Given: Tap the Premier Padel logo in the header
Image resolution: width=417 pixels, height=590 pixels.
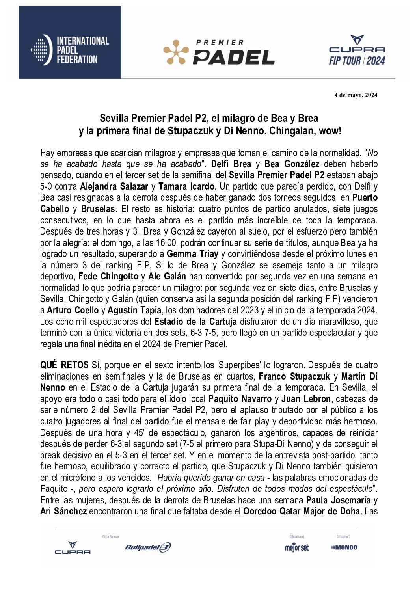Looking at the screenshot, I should click(219, 52).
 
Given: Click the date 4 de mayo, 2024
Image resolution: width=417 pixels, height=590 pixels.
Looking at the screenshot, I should click(356, 95).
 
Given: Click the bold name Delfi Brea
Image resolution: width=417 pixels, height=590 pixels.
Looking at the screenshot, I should click(231, 164).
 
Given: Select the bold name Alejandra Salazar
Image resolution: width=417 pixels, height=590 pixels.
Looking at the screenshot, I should click(114, 186).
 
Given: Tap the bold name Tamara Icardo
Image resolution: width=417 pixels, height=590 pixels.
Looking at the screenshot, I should click(186, 186).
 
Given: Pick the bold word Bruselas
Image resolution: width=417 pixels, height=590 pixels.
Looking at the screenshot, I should click(98, 209).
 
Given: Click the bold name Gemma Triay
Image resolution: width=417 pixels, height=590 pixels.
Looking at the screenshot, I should click(192, 254).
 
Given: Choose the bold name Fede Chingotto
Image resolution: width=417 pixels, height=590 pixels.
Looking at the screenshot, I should click(108, 277).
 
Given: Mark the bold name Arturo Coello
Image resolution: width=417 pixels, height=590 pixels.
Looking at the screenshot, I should click(73, 311).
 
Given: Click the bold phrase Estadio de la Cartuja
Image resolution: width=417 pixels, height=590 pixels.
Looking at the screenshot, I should click(195, 322).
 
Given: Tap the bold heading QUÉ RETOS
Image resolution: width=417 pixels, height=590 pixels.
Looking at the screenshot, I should click(64, 365).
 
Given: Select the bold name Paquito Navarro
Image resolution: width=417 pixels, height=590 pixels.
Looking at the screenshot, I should click(240, 399).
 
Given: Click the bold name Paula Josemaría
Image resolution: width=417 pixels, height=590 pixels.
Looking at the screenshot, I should click(338, 501).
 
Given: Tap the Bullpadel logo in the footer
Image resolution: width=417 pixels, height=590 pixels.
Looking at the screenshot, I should click(148, 547).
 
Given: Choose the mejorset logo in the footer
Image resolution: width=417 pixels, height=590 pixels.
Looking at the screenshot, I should click(297, 547).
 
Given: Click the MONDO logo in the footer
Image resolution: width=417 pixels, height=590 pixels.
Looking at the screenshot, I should click(344, 547).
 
